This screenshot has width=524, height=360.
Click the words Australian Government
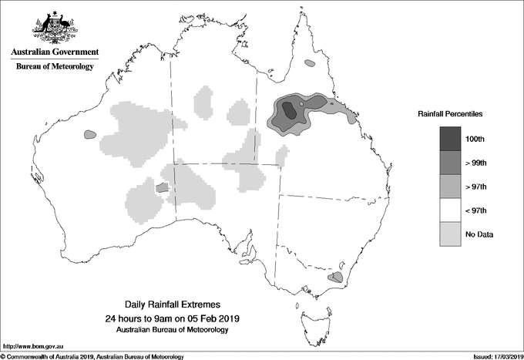[54, 52]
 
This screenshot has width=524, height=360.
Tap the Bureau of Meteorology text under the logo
[54, 67]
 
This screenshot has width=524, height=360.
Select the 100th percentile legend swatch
[451, 139]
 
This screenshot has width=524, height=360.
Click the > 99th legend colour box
[451, 163]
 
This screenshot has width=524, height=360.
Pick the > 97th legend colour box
[451, 187]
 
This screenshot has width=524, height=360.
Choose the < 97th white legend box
[451, 210]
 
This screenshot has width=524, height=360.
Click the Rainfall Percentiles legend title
[450, 114]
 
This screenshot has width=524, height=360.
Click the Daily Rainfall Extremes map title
[176, 305]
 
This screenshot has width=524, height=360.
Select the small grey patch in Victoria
[335, 277]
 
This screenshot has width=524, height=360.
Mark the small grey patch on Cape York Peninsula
[310, 64]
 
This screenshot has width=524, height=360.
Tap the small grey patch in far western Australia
[89, 135]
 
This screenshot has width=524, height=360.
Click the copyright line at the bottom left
[92, 356]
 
